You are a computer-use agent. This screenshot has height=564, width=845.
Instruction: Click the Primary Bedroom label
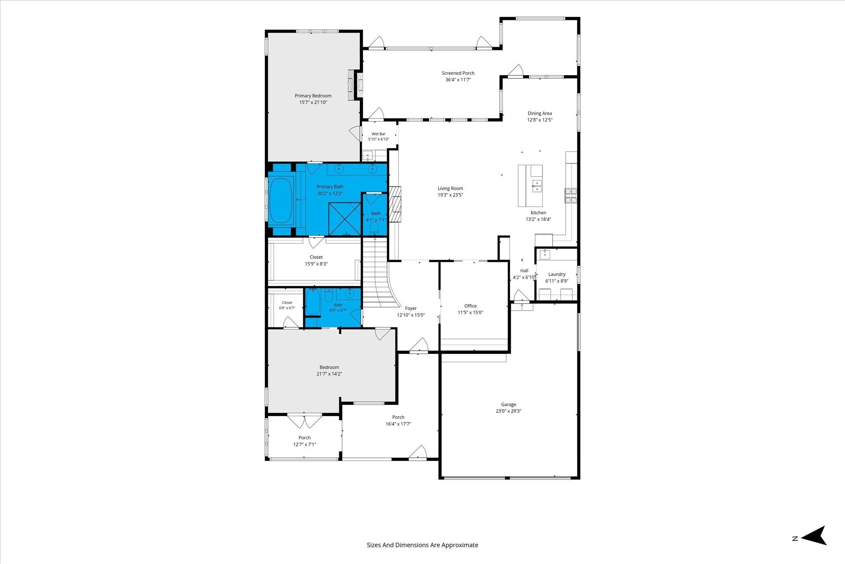point(313,96)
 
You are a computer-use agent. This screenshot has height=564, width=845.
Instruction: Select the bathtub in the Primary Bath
point(281,201)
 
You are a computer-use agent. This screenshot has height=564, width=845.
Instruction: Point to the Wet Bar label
point(378,134)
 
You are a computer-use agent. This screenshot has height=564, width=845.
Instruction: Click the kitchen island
point(530,186)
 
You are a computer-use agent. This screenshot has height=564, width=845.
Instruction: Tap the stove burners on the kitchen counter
point(571,196)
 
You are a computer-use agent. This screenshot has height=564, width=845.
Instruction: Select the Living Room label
point(450,188)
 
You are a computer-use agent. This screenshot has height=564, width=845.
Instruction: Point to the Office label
point(470,306)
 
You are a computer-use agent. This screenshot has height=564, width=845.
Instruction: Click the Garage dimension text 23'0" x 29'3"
point(509,411)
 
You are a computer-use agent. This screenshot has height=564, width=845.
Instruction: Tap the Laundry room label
point(557,274)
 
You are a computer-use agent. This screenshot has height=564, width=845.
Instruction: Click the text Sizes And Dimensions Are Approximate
point(422,545)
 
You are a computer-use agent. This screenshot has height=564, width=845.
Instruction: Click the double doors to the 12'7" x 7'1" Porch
point(304,420)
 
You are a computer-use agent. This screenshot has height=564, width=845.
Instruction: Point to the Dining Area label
point(540,113)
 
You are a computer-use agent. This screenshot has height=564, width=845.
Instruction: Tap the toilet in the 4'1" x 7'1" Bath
point(375,228)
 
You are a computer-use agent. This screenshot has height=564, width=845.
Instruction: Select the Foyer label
point(411,308)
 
